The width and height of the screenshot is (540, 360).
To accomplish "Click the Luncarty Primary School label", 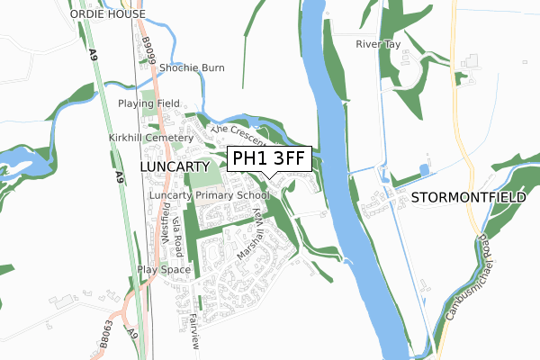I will tap(209, 195).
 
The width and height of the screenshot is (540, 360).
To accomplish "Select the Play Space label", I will tap(165, 269).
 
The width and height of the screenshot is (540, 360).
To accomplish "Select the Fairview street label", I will tap(193, 334).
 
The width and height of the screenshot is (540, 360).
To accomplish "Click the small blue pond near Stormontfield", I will tap(424, 170).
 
